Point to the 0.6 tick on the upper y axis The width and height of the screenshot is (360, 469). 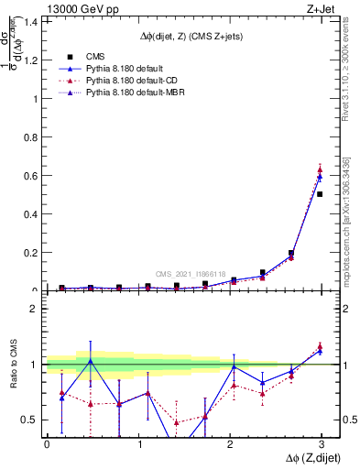click(31, 175)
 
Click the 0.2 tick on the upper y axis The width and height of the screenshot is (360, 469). click(31, 253)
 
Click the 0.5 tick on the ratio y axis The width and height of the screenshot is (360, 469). click(31, 420)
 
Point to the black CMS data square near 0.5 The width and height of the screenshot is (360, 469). click(320, 194)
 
